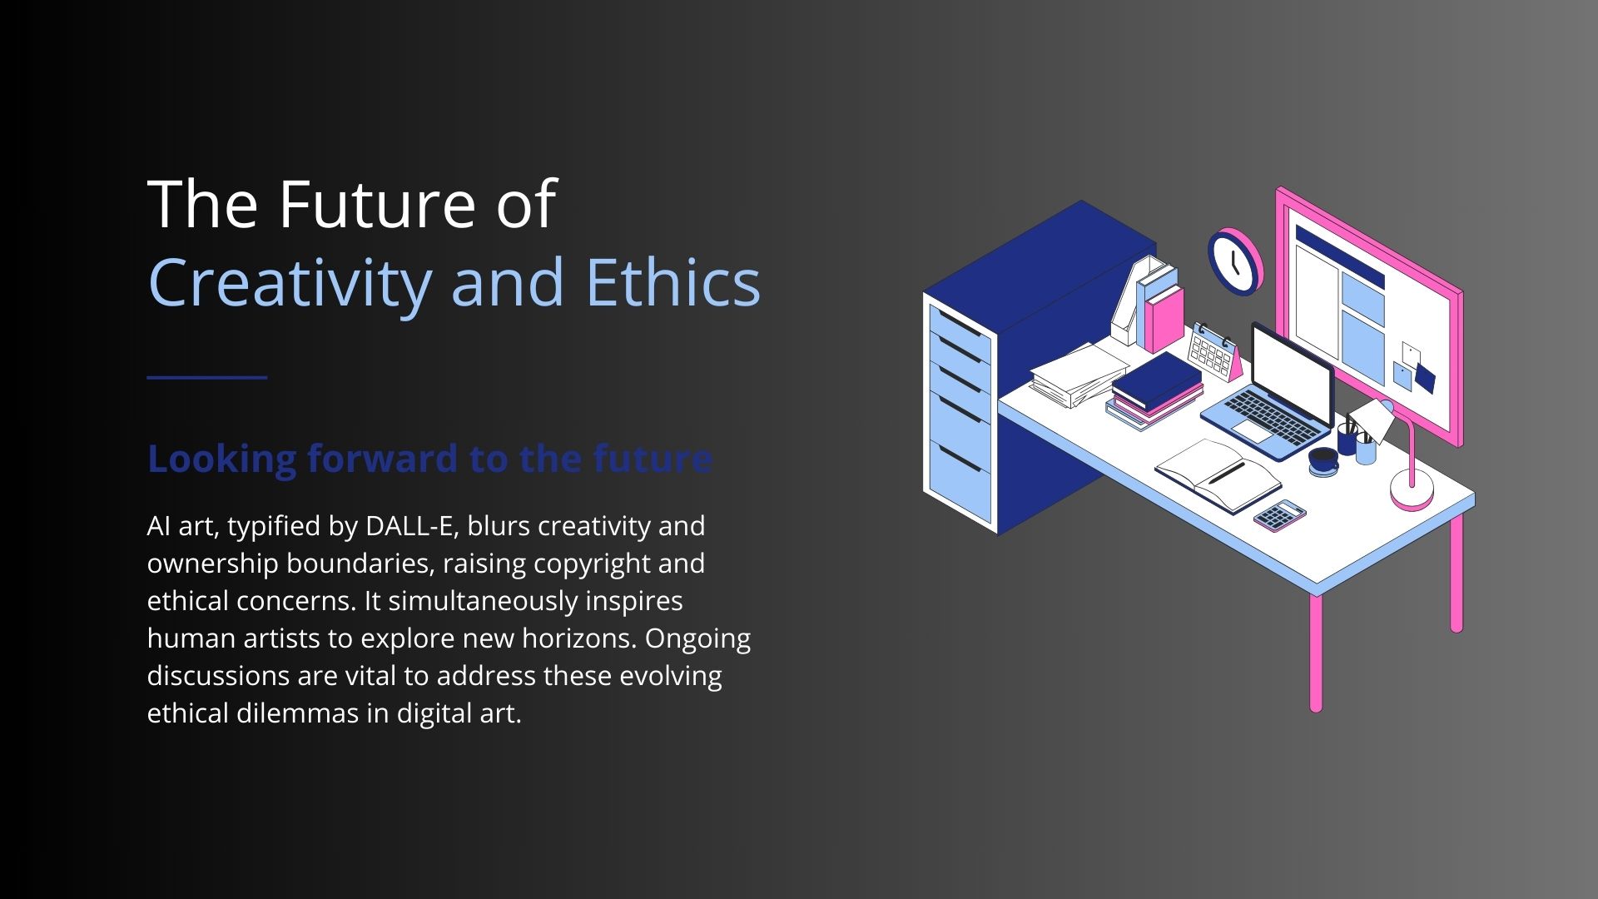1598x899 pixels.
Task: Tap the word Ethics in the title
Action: click(x=672, y=281)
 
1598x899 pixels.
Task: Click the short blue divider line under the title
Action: click(x=207, y=377)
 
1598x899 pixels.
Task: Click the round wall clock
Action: click(x=1234, y=261)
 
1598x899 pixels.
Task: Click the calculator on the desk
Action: click(x=1280, y=515)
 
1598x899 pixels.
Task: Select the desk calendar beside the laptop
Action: click(x=1213, y=353)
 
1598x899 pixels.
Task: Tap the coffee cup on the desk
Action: click(x=1323, y=460)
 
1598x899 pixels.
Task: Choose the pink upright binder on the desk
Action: click(x=1164, y=319)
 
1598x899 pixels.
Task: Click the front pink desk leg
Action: click(x=1316, y=653)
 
